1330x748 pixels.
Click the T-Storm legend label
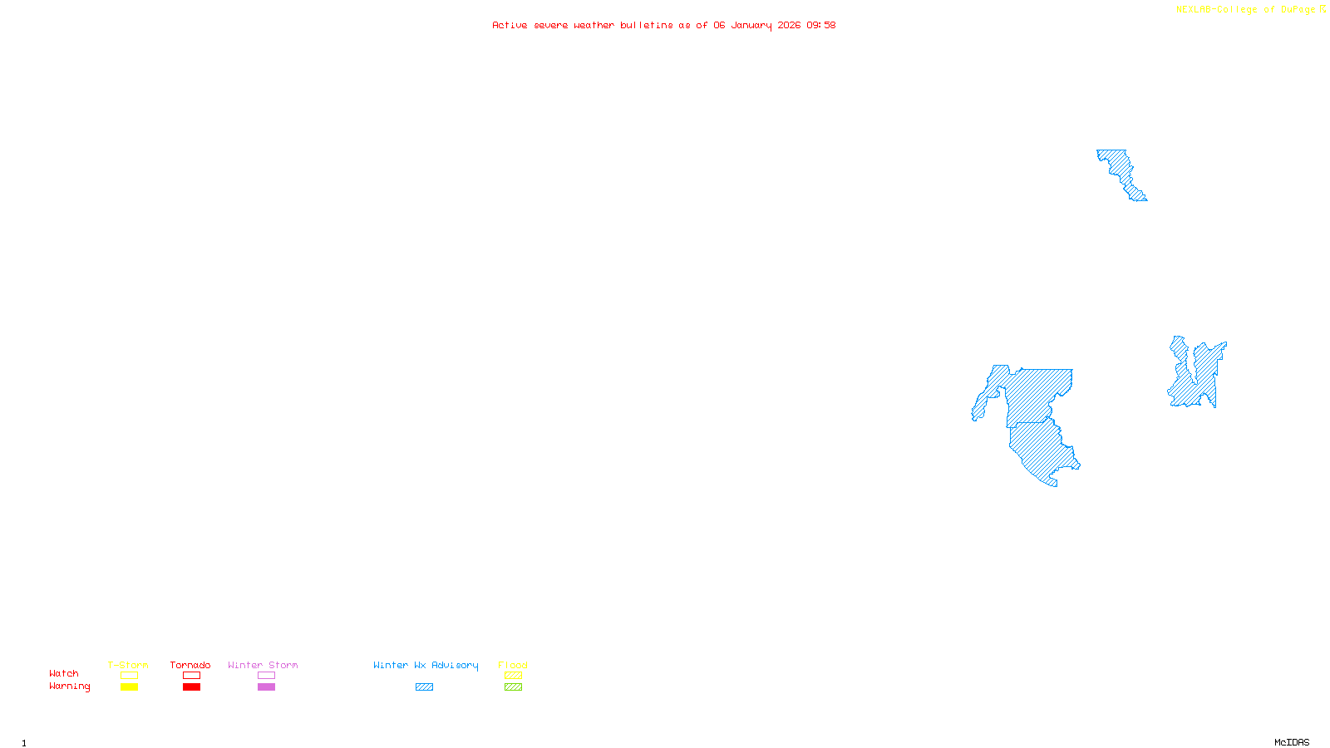click(128, 665)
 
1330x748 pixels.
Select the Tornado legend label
click(190, 665)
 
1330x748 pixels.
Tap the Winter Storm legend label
click(263, 665)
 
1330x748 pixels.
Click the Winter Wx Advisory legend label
click(426, 665)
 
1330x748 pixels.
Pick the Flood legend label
click(513, 665)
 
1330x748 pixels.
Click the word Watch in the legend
click(64, 673)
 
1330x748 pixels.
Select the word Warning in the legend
click(69, 686)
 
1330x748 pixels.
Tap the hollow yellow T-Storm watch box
click(129, 676)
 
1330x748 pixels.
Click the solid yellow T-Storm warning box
click(129, 687)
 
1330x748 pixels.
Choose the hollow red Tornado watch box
click(191, 676)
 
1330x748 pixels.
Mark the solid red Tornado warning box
click(191, 687)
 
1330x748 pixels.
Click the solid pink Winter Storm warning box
click(266, 687)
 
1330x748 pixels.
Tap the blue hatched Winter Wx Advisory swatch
click(424, 687)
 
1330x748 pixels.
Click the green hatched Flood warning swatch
click(513, 687)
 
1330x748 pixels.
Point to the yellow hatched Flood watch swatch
click(513, 676)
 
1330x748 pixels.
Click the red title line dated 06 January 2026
click(663, 25)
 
